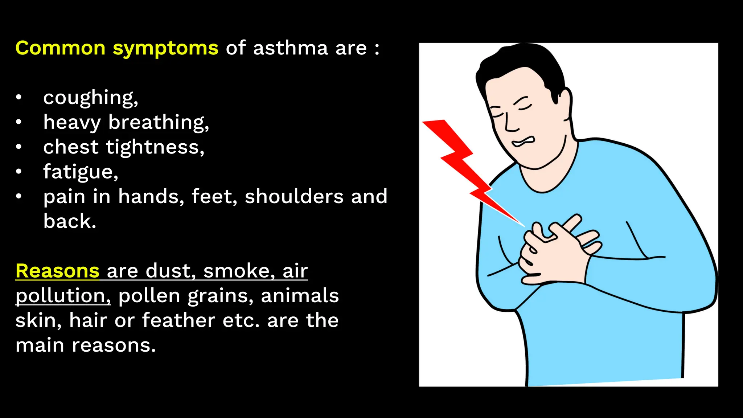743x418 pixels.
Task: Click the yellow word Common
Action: (60, 48)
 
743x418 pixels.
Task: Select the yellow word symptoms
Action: (165, 49)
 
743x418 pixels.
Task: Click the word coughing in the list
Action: (90, 98)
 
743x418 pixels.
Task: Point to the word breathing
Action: (159, 122)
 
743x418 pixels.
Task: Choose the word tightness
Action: (155, 147)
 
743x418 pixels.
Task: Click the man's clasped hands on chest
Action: (555, 250)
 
